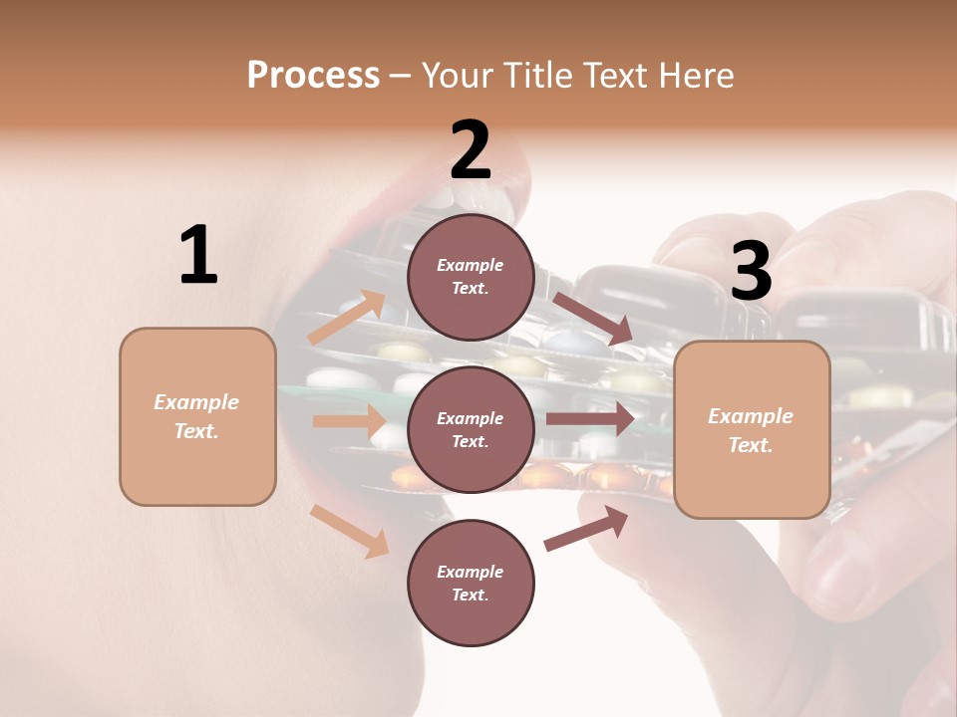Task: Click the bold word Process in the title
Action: (313, 75)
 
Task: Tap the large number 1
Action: (198, 256)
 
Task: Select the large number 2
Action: (471, 150)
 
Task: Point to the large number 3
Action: (752, 272)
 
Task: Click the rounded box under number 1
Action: (197, 416)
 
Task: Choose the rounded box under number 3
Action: (752, 430)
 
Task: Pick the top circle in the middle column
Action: (471, 277)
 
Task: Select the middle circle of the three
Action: (471, 430)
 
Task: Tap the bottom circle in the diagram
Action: (471, 584)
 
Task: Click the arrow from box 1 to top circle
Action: (347, 317)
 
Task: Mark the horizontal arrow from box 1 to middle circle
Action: (349, 420)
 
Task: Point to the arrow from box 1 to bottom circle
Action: (349, 530)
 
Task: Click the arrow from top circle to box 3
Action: (592, 318)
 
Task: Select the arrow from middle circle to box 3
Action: (590, 418)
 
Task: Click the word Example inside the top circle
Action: (471, 265)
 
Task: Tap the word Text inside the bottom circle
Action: (469, 596)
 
